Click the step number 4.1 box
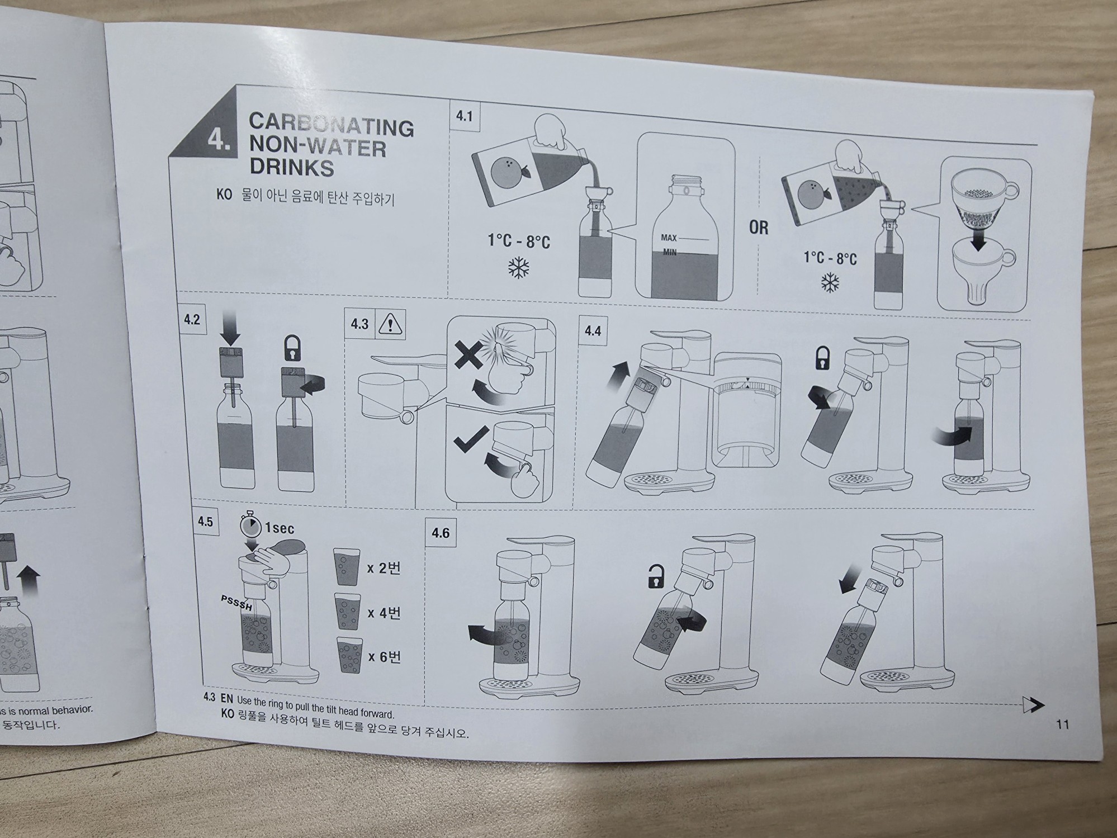click(464, 116)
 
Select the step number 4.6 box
click(440, 533)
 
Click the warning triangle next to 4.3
click(390, 324)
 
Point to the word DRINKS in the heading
click(291, 167)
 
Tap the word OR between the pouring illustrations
click(759, 228)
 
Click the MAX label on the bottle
click(669, 238)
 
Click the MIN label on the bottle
click(670, 252)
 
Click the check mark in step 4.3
click(471, 439)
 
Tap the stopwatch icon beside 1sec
click(251, 524)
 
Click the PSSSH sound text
click(237, 604)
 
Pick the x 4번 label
click(384, 613)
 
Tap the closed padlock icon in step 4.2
click(292, 348)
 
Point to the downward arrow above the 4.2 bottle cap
click(230, 328)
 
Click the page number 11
click(1062, 725)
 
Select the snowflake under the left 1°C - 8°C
click(518, 268)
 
